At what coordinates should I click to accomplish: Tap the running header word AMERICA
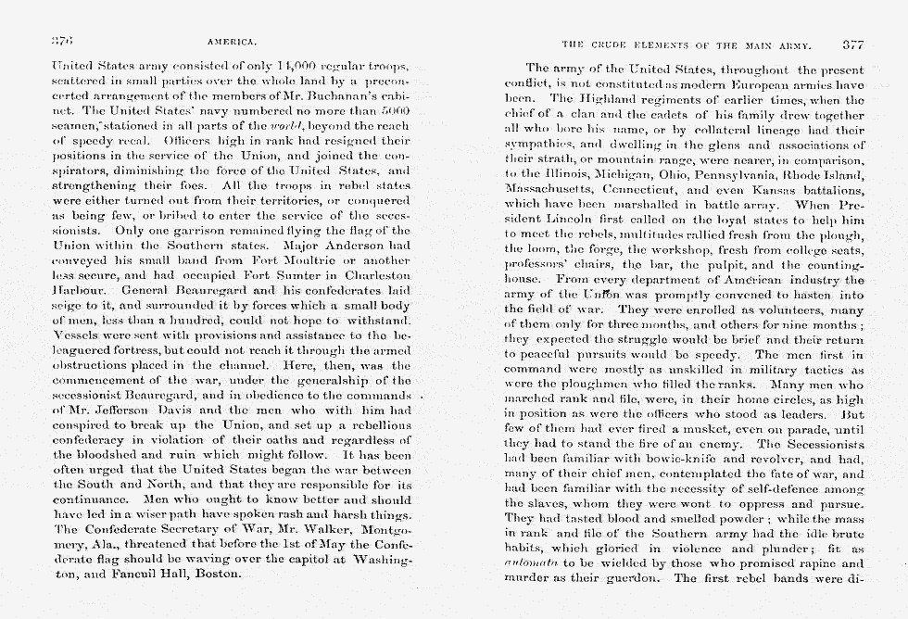[232, 44]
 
